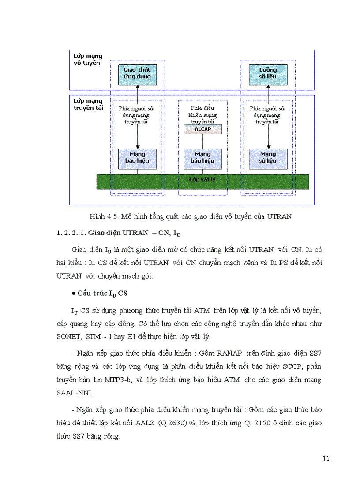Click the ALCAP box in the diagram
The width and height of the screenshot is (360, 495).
(202, 129)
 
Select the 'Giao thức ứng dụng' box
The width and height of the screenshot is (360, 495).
(137, 73)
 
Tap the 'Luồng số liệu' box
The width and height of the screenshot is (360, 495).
(268, 73)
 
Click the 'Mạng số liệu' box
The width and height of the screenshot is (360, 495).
(268, 157)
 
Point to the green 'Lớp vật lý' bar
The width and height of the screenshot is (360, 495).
(202, 181)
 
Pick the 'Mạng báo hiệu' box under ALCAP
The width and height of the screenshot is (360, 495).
(202, 157)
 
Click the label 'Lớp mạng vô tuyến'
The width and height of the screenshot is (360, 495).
(88, 60)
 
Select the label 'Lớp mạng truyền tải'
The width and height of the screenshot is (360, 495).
(88, 104)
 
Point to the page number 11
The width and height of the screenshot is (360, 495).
(326, 458)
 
